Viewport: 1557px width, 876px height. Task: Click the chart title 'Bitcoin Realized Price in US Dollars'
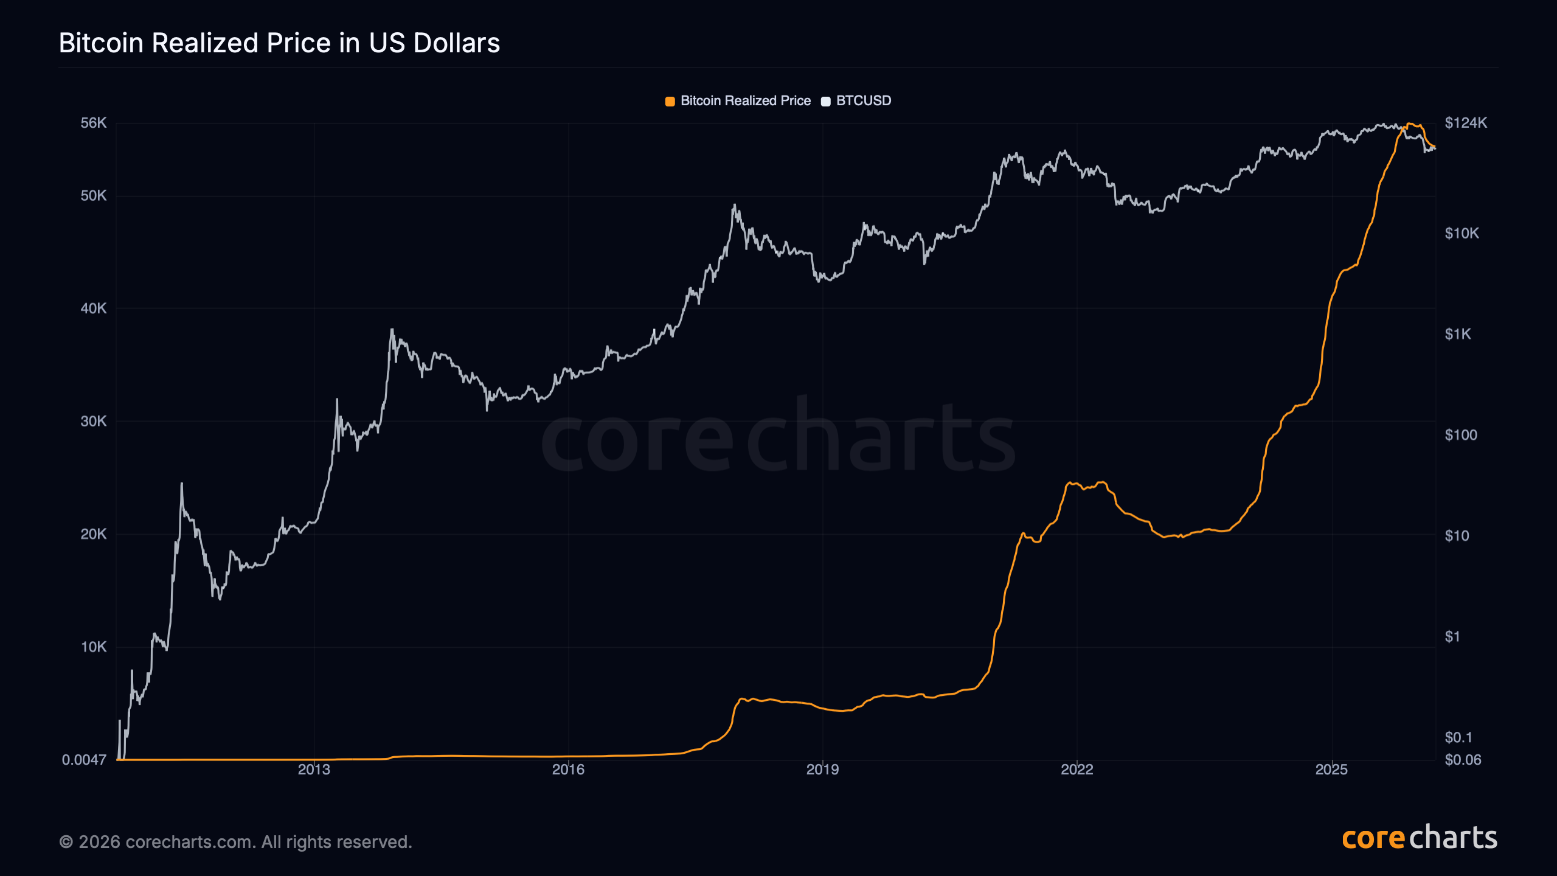[x=279, y=43]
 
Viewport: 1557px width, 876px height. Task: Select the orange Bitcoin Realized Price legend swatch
[x=670, y=102]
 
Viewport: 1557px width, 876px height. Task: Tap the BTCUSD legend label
[x=863, y=101]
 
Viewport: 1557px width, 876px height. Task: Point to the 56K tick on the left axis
[x=94, y=123]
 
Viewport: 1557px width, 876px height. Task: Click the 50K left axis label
[x=94, y=196]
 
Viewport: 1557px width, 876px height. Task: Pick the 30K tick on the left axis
[x=94, y=422]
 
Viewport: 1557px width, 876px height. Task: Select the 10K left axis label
[x=94, y=647]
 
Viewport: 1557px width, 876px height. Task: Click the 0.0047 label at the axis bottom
[x=84, y=760]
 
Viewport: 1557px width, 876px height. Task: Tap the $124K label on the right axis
[x=1466, y=123]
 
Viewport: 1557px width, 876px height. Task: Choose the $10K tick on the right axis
[x=1462, y=234]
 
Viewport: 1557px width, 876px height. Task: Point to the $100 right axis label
[x=1460, y=435]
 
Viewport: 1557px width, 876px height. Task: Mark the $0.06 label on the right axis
[x=1463, y=760]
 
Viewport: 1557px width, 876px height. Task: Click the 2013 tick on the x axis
[x=314, y=770]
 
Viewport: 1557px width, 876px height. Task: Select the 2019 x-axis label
[x=822, y=770]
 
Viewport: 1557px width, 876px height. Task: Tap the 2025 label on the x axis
[x=1331, y=770]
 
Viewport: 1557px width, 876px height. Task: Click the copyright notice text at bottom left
[x=235, y=842]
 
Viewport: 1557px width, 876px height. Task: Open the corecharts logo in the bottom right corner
[x=1420, y=838]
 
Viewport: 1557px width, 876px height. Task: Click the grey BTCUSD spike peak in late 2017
[x=735, y=205]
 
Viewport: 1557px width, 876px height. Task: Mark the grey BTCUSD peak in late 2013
[x=392, y=330]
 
